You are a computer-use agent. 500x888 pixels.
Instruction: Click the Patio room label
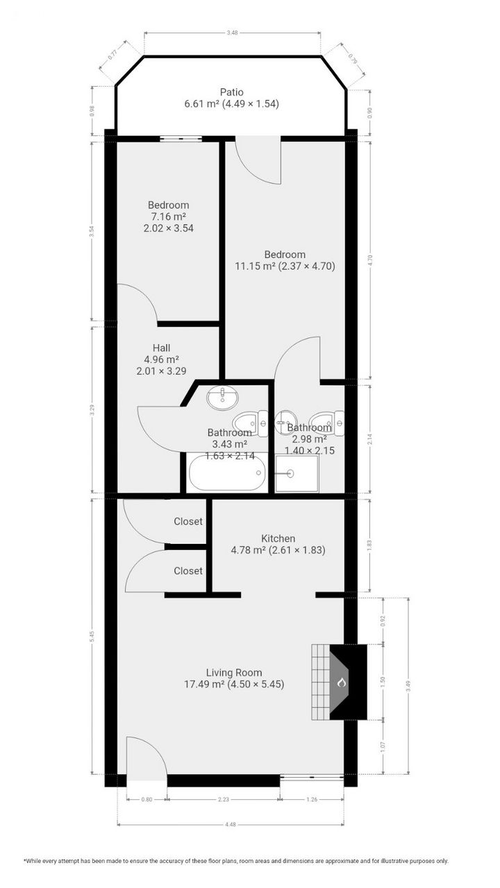point(231,92)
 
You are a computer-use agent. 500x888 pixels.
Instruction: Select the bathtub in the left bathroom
point(226,472)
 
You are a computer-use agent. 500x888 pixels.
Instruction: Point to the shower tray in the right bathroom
point(297,473)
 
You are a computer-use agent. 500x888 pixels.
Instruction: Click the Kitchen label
point(278,538)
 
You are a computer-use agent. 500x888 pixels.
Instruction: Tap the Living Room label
point(234,672)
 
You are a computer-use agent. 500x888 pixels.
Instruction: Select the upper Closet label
point(188,522)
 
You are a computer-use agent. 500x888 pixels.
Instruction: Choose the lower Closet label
point(188,571)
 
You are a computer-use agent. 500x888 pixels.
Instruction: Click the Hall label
point(161,348)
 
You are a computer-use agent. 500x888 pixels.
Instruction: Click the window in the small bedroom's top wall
point(181,138)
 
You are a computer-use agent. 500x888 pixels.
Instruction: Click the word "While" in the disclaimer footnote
point(36,861)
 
